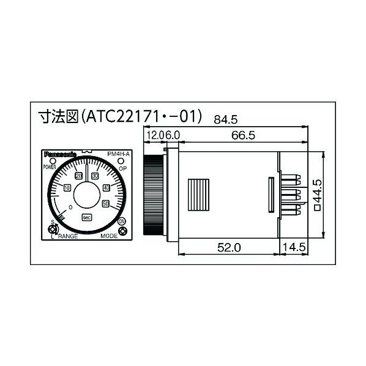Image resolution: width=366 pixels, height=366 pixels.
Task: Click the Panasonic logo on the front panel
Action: click(x=59, y=155)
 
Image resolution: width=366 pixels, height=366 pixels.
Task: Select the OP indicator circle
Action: click(x=123, y=162)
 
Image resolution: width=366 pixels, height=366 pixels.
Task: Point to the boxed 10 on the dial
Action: click(x=67, y=188)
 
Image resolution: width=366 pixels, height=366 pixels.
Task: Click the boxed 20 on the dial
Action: click(x=78, y=176)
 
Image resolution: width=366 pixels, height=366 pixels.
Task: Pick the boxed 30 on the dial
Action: click(x=95, y=176)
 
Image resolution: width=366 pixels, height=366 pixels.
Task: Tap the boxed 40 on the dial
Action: click(x=106, y=187)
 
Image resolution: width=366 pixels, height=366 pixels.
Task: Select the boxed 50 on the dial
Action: click(x=106, y=203)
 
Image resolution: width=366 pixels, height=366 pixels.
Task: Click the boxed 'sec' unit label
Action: click(x=87, y=217)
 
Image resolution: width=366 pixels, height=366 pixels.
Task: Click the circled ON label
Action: click(x=122, y=221)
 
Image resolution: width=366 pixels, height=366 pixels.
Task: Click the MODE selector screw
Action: click(x=122, y=231)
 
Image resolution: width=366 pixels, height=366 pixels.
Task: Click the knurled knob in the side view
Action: click(x=152, y=194)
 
